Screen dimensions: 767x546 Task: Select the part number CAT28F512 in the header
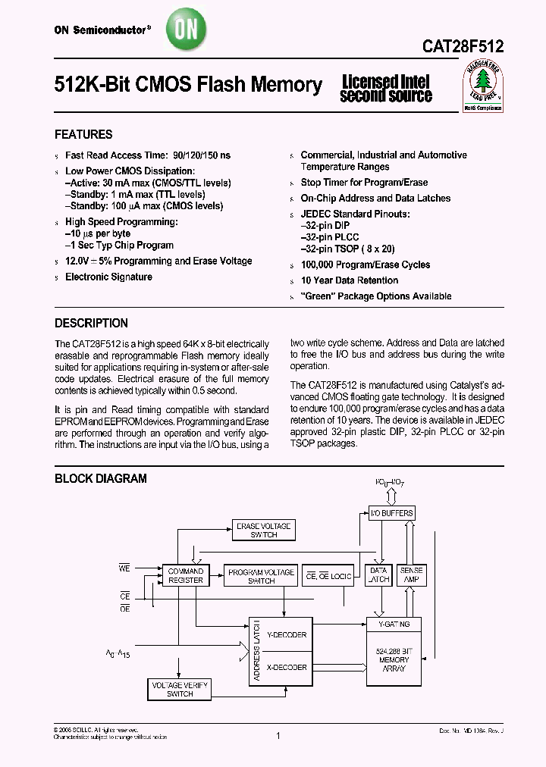[463, 46]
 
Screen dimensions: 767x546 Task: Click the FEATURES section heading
[83, 134]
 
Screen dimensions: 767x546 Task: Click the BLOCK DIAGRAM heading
[101, 478]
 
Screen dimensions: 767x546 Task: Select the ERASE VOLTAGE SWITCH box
[263, 531]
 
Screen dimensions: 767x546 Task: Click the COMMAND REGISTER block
[186, 575]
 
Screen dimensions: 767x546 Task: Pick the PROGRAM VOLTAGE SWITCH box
[261, 576]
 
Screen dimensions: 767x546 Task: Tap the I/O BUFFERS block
[391, 513]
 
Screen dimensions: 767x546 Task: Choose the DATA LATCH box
[378, 575]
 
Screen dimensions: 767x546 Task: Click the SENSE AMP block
[412, 575]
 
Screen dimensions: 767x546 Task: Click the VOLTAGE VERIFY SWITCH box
[180, 689]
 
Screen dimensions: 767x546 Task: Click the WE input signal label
[125, 566]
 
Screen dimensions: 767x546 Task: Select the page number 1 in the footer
[278, 735]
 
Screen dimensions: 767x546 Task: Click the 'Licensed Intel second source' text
[385, 89]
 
